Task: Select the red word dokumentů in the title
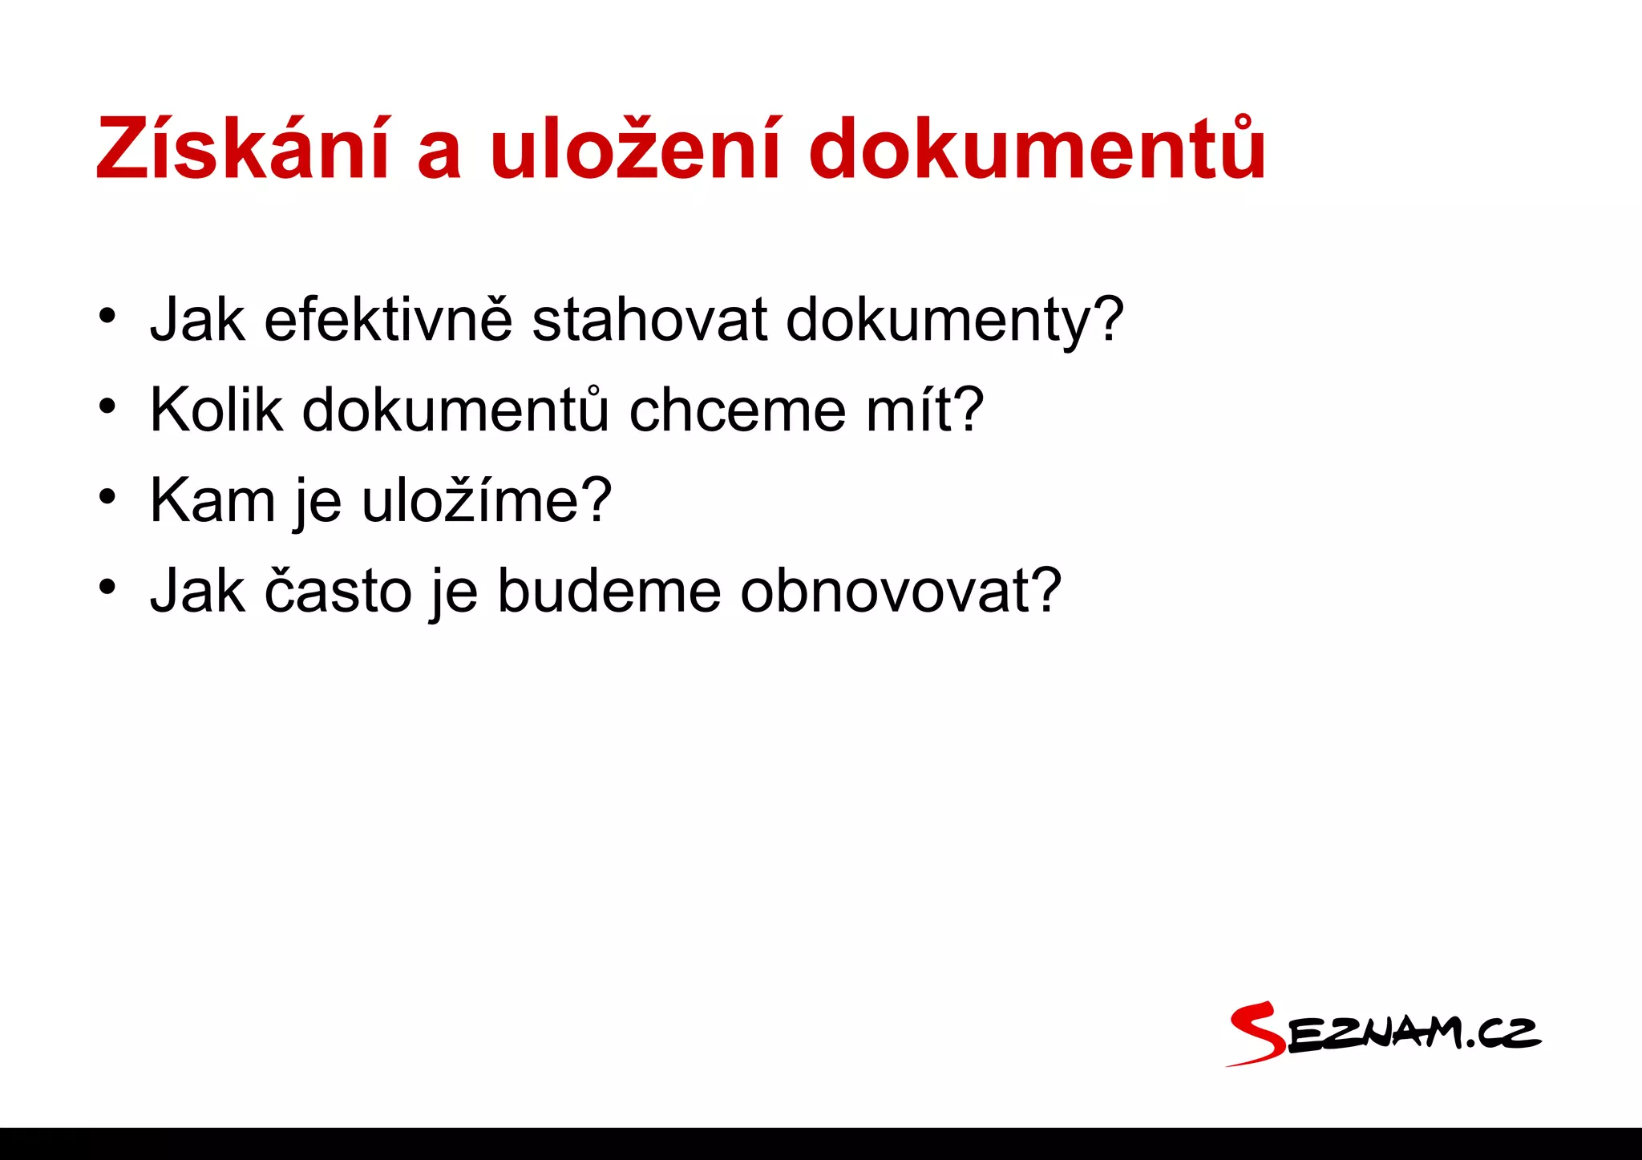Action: click(x=1037, y=149)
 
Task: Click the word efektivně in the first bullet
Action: click(x=388, y=320)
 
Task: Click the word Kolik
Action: click(x=216, y=410)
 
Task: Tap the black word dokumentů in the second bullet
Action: click(x=455, y=410)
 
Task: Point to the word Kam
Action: click(x=212, y=500)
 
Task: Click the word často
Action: click(x=338, y=591)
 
